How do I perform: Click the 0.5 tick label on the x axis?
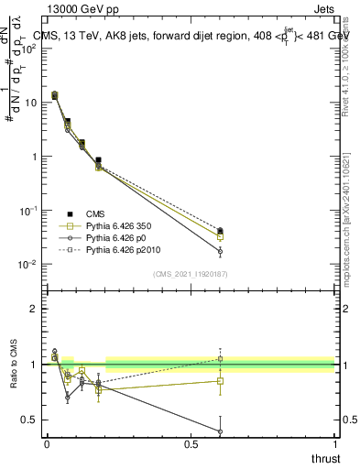[x=191, y=445]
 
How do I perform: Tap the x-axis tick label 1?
[x=334, y=445]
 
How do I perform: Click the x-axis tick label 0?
[x=47, y=445]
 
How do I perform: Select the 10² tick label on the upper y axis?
[x=29, y=49]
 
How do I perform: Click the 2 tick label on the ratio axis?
[x=35, y=309]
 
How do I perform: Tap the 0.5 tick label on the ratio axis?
[x=30, y=420]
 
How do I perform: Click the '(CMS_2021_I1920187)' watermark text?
[x=191, y=274]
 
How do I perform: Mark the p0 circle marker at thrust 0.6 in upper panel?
[x=220, y=251]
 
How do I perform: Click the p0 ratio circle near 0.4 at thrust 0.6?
[x=220, y=431]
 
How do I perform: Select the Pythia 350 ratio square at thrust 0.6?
[x=220, y=380]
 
